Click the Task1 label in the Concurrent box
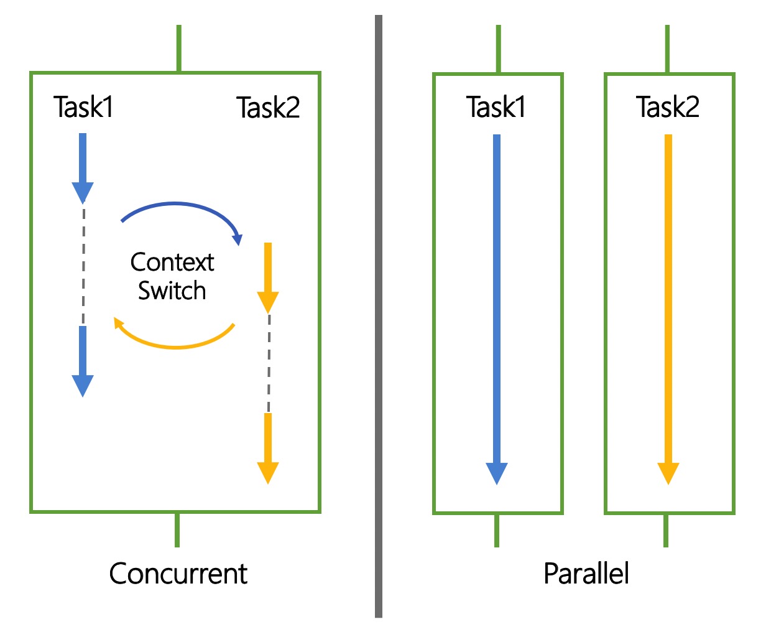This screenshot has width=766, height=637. click(x=83, y=107)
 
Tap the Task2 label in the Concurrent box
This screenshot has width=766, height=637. click(x=268, y=108)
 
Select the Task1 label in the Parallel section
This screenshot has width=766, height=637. click(x=496, y=107)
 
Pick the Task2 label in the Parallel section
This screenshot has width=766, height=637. click(x=668, y=107)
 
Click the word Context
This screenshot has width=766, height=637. click(x=172, y=263)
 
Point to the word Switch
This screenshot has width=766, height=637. click(x=172, y=291)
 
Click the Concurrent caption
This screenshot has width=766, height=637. click(x=178, y=574)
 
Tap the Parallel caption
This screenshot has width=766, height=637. click(x=586, y=574)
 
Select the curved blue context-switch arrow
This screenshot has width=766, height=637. click(x=176, y=203)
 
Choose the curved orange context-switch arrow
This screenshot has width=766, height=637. click(x=176, y=346)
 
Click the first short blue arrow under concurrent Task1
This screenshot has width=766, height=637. click(x=83, y=169)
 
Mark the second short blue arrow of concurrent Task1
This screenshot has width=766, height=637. click(x=83, y=361)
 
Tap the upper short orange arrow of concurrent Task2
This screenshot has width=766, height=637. click(x=268, y=278)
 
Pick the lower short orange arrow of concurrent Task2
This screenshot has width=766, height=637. click(x=268, y=449)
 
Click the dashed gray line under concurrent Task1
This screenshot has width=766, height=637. click(x=84, y=265)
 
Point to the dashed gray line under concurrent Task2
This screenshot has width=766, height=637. click(x=269, y=363)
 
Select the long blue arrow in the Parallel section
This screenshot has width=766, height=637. click(x=497, y=310)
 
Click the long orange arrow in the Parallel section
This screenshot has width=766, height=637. click(x=668, y=310)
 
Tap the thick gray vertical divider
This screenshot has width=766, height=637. click(x=379, y=317)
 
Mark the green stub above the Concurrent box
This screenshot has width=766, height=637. click(x=179, y=48)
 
